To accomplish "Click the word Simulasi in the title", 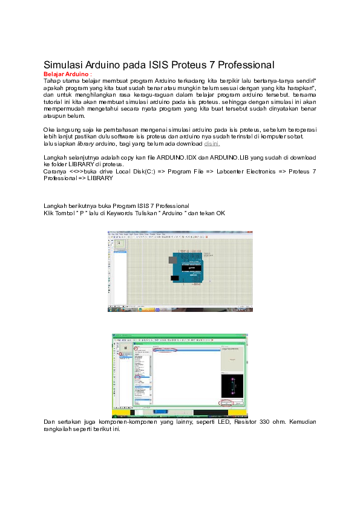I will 63,65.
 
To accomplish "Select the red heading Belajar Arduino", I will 68,73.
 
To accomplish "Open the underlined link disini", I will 211,144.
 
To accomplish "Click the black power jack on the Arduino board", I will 174,278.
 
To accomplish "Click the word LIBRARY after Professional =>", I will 100,179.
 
